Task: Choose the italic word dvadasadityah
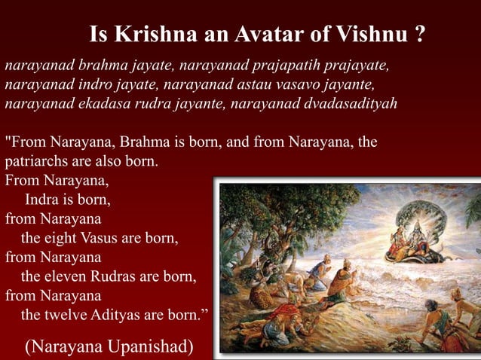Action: [354, 102]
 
